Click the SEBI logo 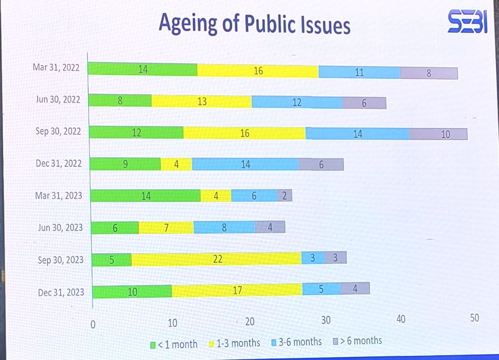pyautogui.click(x=467, y=23)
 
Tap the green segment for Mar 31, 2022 pyautogui.click(x=143, y=69)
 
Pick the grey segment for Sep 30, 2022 pyautogui.click(x=438, y=134)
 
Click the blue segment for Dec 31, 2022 pyautogui.click(x=245, y=164)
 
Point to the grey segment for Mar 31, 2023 pyautogui.click(x=285, y=195)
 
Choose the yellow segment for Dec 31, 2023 pyautogui.click(x=237, y=290)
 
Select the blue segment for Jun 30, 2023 pyautogui.click(x=224, y=227)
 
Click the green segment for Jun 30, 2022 pyautogui.click(x=120, y=101)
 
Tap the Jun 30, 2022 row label pyautogui.click(x=58, y=99)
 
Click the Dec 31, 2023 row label pyautogui.click(x=61, y=292)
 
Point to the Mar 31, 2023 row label pyautogui.click(x=58, y=195)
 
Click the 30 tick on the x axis pyautogui.click(x=326, y=321)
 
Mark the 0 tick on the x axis pyautogui.click(x=93, y=325)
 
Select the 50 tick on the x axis pyautogui.click(x=474, y=318)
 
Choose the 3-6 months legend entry pyautogui.click(x=296, y=342)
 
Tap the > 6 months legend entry pyautogui.click(x=357, y=341)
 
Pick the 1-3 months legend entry pyautogui.click(x=235, y=344)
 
